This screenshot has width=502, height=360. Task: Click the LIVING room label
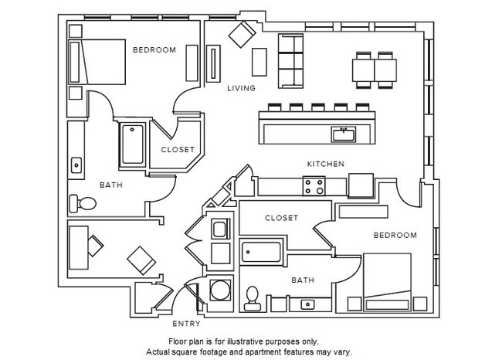pos(241,89)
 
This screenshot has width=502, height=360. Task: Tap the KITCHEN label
pos(325,164)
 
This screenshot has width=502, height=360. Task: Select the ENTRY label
pos(186,324)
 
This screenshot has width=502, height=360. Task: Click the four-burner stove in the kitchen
pos(314,185)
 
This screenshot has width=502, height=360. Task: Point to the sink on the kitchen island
pos(343,135)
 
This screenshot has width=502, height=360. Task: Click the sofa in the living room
pos(292,60)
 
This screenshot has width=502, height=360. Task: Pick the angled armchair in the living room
pos(242,34)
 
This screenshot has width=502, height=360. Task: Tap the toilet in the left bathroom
pos(83,204)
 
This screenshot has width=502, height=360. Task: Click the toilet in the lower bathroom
pos(252,297)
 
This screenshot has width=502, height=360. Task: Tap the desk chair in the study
pos(94,245)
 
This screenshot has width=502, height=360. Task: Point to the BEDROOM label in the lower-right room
pos(395,235)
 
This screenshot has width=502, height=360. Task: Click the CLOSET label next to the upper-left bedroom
pos(177,150)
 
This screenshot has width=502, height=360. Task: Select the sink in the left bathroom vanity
pos(76,164)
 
